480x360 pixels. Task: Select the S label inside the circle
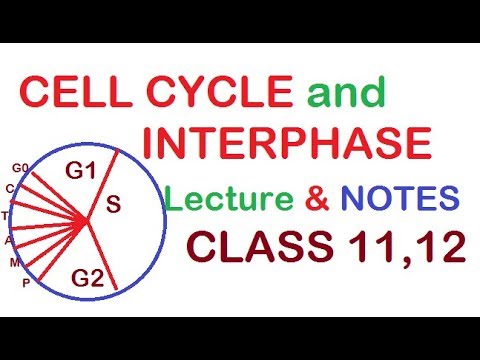113,205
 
